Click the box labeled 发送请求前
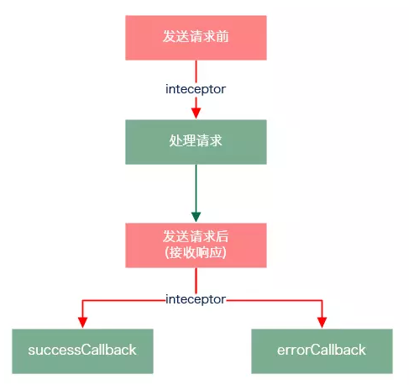[196, 38]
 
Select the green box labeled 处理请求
[196, 142]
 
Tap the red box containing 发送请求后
[196, 245]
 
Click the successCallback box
[82, 351]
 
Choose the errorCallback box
[322, 351]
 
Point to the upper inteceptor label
[196, 89]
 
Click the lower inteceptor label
[196, 299]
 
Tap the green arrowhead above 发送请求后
[196, 217]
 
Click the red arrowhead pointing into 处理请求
[196, 113]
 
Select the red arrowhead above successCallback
[82, 322]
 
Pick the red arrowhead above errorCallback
[322, 322]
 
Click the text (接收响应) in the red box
[196, 253]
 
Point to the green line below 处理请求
[196, 188]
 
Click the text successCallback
[82, 350]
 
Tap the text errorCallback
[322, 350]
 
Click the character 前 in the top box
[222, 36]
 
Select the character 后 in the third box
[222, 236]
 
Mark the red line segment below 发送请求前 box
[196, 71]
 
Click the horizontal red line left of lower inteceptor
[123, 301]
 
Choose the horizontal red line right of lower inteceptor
[275, 301]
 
